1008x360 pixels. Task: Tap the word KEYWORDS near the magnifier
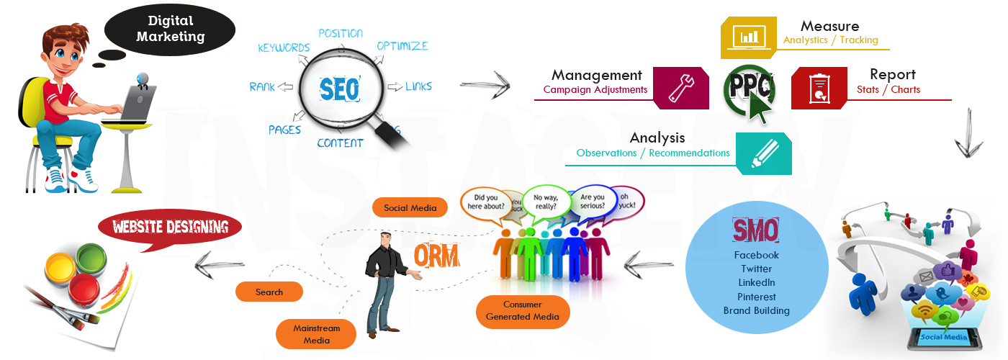(x=284, y=48)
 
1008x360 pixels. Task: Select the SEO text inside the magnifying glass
(x=338, y=89)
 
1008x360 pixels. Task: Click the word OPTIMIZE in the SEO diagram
(x=402, y=45)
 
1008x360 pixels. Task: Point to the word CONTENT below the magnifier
(x=340, y=143)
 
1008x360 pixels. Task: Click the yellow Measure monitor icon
(x=749, y=36)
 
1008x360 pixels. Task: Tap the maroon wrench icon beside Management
(x=677, y=88)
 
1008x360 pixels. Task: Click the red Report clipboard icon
(x=819, y=88)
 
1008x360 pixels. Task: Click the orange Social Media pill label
(x=410, y=208)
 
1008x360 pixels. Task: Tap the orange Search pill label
(x=269, y=292)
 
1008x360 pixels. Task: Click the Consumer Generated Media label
(x=522, y=311)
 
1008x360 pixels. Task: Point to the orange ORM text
(x=436, y=256)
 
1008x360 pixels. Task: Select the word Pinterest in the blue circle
(x=756, y=297)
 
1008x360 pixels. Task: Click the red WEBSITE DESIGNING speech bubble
(x=170, y=229)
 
